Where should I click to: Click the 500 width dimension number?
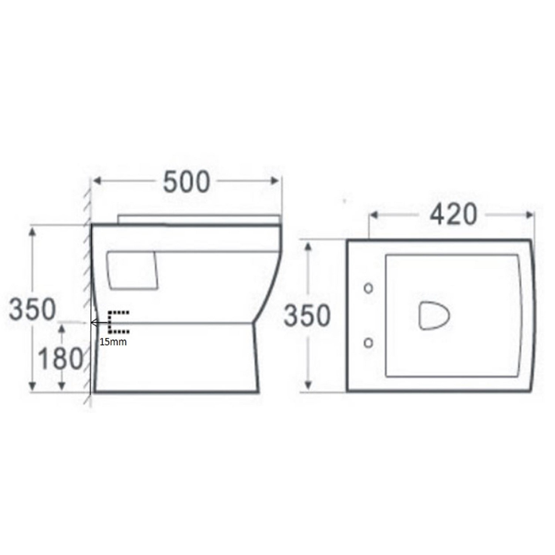(186, 182)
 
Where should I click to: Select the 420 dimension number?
(454, 214)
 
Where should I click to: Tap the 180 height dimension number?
(61, 359)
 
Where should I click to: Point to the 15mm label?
(113, 342)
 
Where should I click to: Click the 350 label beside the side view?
(33, 309)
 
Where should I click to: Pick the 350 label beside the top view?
(307, 316)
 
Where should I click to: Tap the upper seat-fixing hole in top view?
(369, 288)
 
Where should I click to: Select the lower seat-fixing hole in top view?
(369, 343)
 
